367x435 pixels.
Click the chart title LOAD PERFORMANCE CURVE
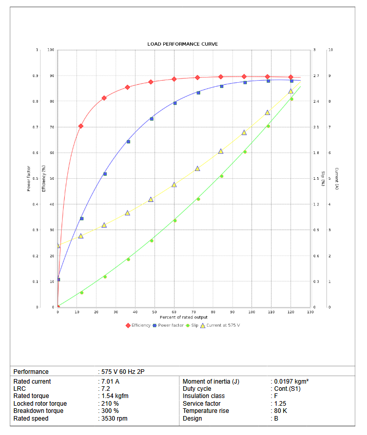(182, 44)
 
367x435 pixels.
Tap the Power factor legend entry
(170, 325)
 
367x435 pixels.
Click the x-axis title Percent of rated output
(183, 317)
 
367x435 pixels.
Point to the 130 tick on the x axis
(310, 312)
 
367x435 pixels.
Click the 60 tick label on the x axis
(175, 312)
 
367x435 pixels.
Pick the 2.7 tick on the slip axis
(316, 76)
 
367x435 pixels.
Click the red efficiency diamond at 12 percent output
(81, 126)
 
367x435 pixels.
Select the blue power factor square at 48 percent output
(151, 119)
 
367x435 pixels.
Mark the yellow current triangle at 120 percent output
(291, 91)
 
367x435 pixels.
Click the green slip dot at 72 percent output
(198, 199)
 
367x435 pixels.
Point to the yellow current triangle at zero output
(58, 245)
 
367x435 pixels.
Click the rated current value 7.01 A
(110, 382)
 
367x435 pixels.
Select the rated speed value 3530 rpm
(114, 419)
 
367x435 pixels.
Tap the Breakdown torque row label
(38, 411)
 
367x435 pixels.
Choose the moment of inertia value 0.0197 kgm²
(291, 382)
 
